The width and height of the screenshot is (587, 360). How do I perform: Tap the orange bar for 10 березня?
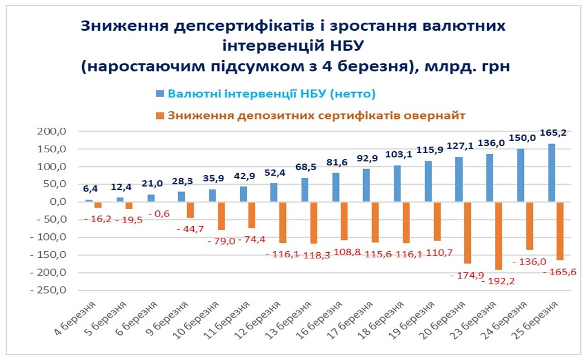tap(221, 216)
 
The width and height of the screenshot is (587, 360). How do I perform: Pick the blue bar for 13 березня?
tap(305, 190)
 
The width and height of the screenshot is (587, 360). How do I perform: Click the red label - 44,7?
tap(192, 229)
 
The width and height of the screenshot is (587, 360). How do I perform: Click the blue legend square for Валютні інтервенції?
tap(160, 93)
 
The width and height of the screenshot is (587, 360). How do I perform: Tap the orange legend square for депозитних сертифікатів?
tap(160, 116)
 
